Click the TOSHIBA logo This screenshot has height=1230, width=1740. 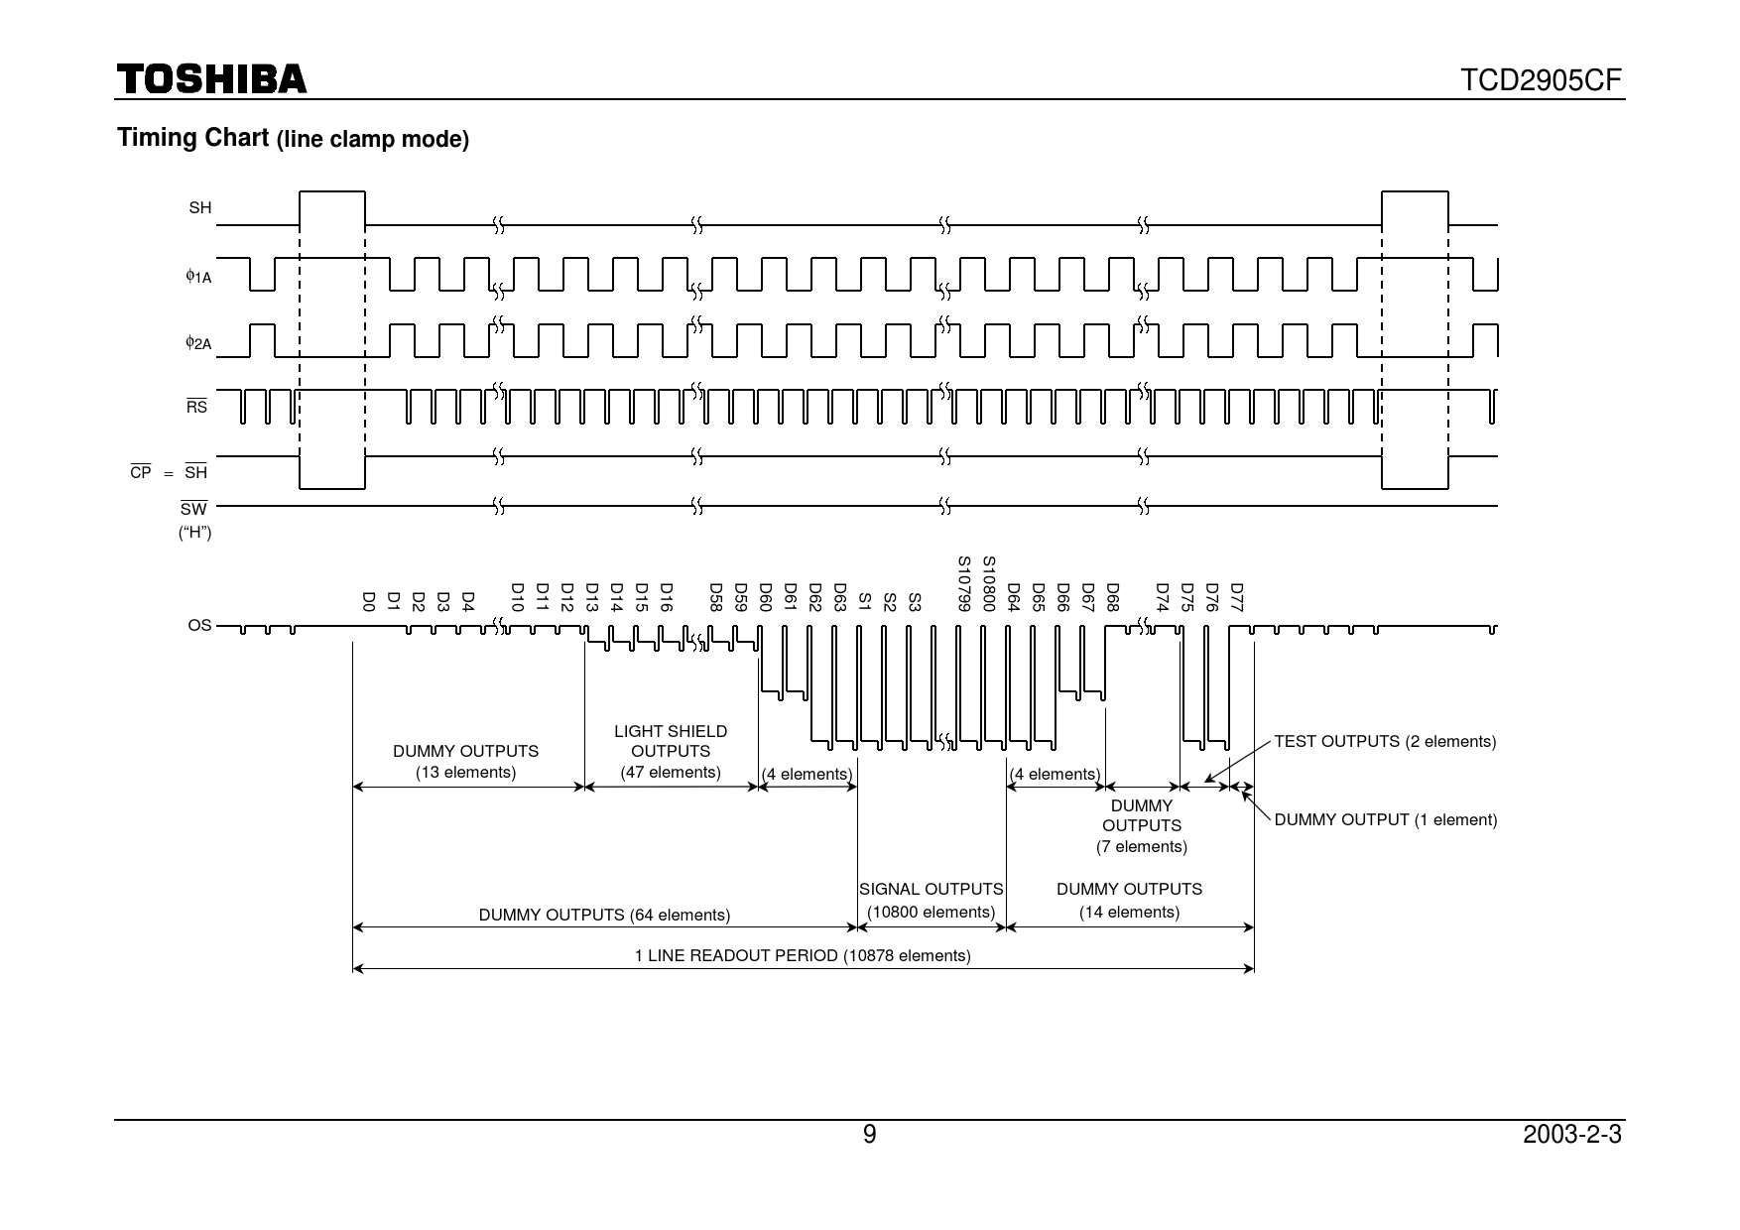tap(212, 79)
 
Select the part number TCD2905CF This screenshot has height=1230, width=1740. tap(1542, 80)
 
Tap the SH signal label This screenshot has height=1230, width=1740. tap(200, 208)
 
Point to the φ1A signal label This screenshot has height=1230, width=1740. tap(198, 277)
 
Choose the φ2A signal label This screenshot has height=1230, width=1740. tap(198, 343)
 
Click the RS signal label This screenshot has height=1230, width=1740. tap(197, 406)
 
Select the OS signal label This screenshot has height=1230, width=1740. tap(199, 626)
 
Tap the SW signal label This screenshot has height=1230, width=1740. tap(193, 509)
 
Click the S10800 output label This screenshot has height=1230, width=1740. tap(988, 584)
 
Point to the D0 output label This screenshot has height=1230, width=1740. tap(368, 601)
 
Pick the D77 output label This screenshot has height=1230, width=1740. tap(1236, 597)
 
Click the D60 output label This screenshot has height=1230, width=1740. tap(765, 597)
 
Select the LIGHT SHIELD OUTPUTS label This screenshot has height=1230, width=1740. tap(671, 741)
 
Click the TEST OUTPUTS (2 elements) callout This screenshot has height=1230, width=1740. tap(1385, 741)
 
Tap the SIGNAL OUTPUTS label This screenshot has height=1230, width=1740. tap(931, 890)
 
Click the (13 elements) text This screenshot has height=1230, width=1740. tap(466, 773)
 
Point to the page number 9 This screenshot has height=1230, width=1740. tap(870, 1135)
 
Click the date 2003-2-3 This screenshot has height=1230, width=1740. tap(1572, 1135)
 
